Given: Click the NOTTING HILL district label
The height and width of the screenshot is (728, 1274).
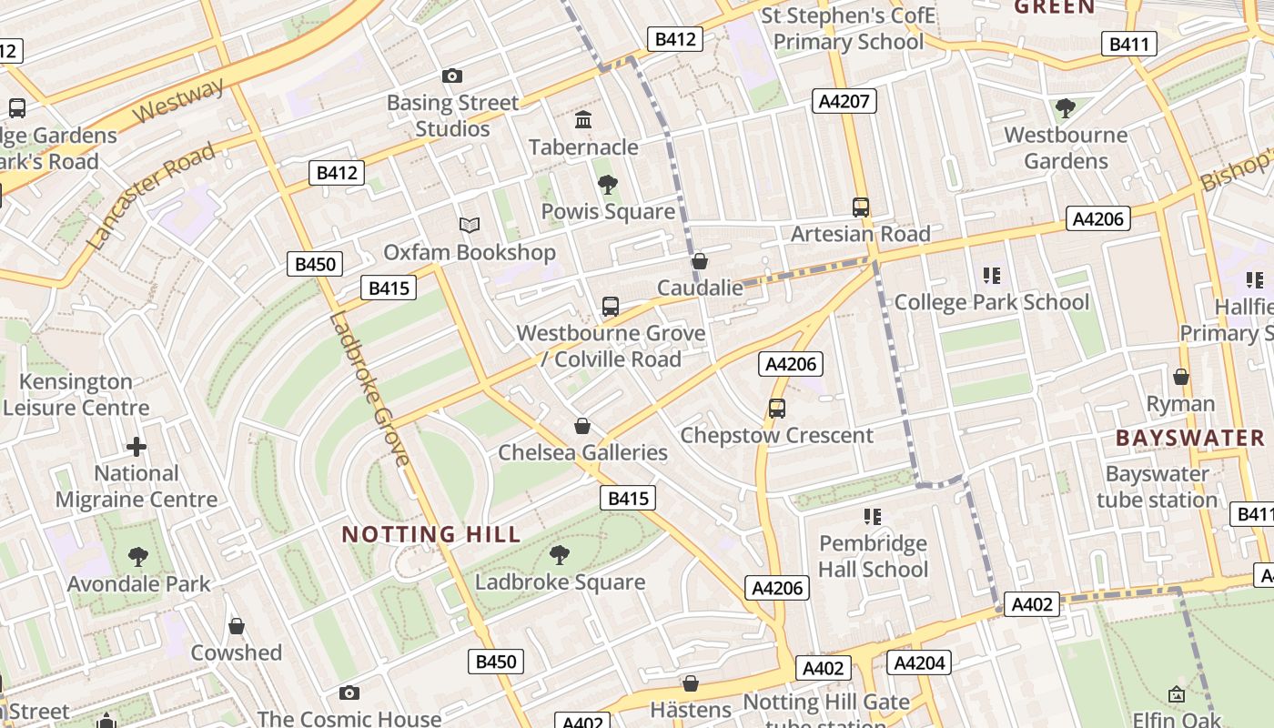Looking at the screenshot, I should pyautogui.click(x=430, y=534).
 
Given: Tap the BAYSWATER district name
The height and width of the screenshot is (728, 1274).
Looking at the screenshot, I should pyautogui.click(x=1190, y=438).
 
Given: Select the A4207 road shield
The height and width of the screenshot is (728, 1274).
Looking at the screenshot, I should pyautogui.click(x=844, y=101).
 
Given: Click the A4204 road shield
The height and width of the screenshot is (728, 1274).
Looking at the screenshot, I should pyautogui.click(x=918, y=662).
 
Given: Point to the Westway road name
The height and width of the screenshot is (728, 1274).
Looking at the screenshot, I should pyautogui.click(x=180, y=100).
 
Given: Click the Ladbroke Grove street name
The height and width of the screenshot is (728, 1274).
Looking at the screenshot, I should pyautogui.click(x=369, y=389).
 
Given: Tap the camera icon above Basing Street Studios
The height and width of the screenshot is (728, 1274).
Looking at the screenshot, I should pyautogui.click(x=451, y=76).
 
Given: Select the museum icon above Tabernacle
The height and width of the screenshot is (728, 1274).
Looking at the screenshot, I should pyautogui.click(x=583, y=120).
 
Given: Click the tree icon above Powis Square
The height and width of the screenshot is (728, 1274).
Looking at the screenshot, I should pyautogui.click(x=608, y=186).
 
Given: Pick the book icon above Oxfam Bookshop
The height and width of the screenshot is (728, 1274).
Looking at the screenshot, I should pyautogui.click(x=469, y=225).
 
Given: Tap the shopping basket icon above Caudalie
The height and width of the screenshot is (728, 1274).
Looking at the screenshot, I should pyautogui.click(x=700, y=262).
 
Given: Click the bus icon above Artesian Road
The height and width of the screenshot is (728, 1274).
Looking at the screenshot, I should pyautogui.click(x=860, y=207).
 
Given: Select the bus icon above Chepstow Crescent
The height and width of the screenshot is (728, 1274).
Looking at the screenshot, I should pyautogui.click(x=776, y=409).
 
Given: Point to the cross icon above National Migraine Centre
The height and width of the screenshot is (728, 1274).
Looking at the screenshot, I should pyautogui.click(x=136, y=447).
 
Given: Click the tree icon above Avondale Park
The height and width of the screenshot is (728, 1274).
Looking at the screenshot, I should pyautogui.click(x=138, y=557).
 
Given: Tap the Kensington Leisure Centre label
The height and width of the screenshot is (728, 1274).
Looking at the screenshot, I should pyautogui.click(x=76, y=394).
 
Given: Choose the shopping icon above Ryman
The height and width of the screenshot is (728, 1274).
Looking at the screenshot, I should pyautogui.click(x=1180, y=377).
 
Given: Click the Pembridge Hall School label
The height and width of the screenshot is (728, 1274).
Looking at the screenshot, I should pyautogui.click(x=873, y=556).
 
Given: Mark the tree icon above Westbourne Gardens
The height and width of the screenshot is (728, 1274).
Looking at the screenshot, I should pyautogui.click(x=1065, y=109).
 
